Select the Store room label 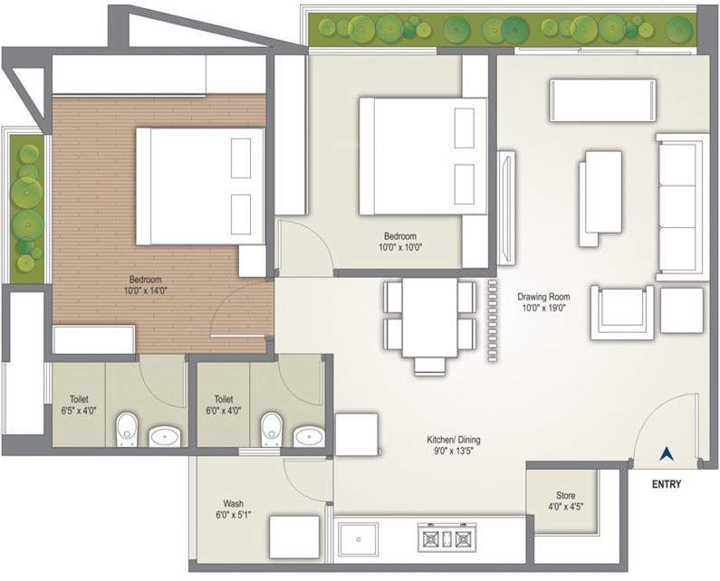click(x=565, y=496)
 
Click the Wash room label click(x=233, y=504)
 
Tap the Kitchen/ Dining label click(x=454, y=441)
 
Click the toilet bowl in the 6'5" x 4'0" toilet click(x=127, y=428)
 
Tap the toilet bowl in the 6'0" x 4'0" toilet click(x=270, y=428)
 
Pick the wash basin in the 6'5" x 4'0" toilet click(x=165, y=436)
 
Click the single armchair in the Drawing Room click(x=621, y=312)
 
